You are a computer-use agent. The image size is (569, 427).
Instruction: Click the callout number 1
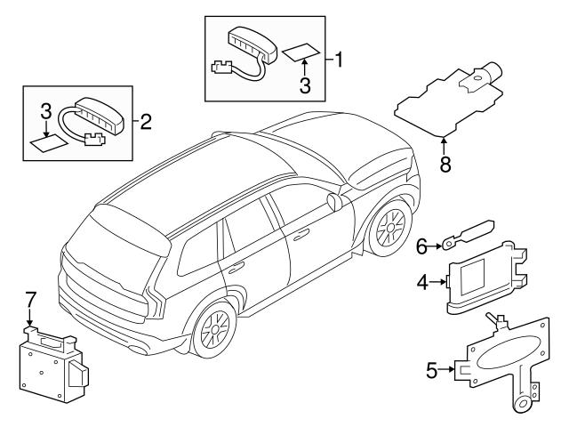click(x=338, y=60)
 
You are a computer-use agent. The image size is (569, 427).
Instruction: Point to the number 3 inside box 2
click(x=45, y=112)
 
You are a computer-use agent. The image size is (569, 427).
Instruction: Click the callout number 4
click(x=424, y=284)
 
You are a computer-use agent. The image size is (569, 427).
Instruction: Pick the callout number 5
click(x=433, y=368)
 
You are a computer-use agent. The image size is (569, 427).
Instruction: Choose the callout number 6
click(x=424, y=242)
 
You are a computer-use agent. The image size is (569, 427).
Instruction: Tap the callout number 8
click(x=445, y=164)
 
